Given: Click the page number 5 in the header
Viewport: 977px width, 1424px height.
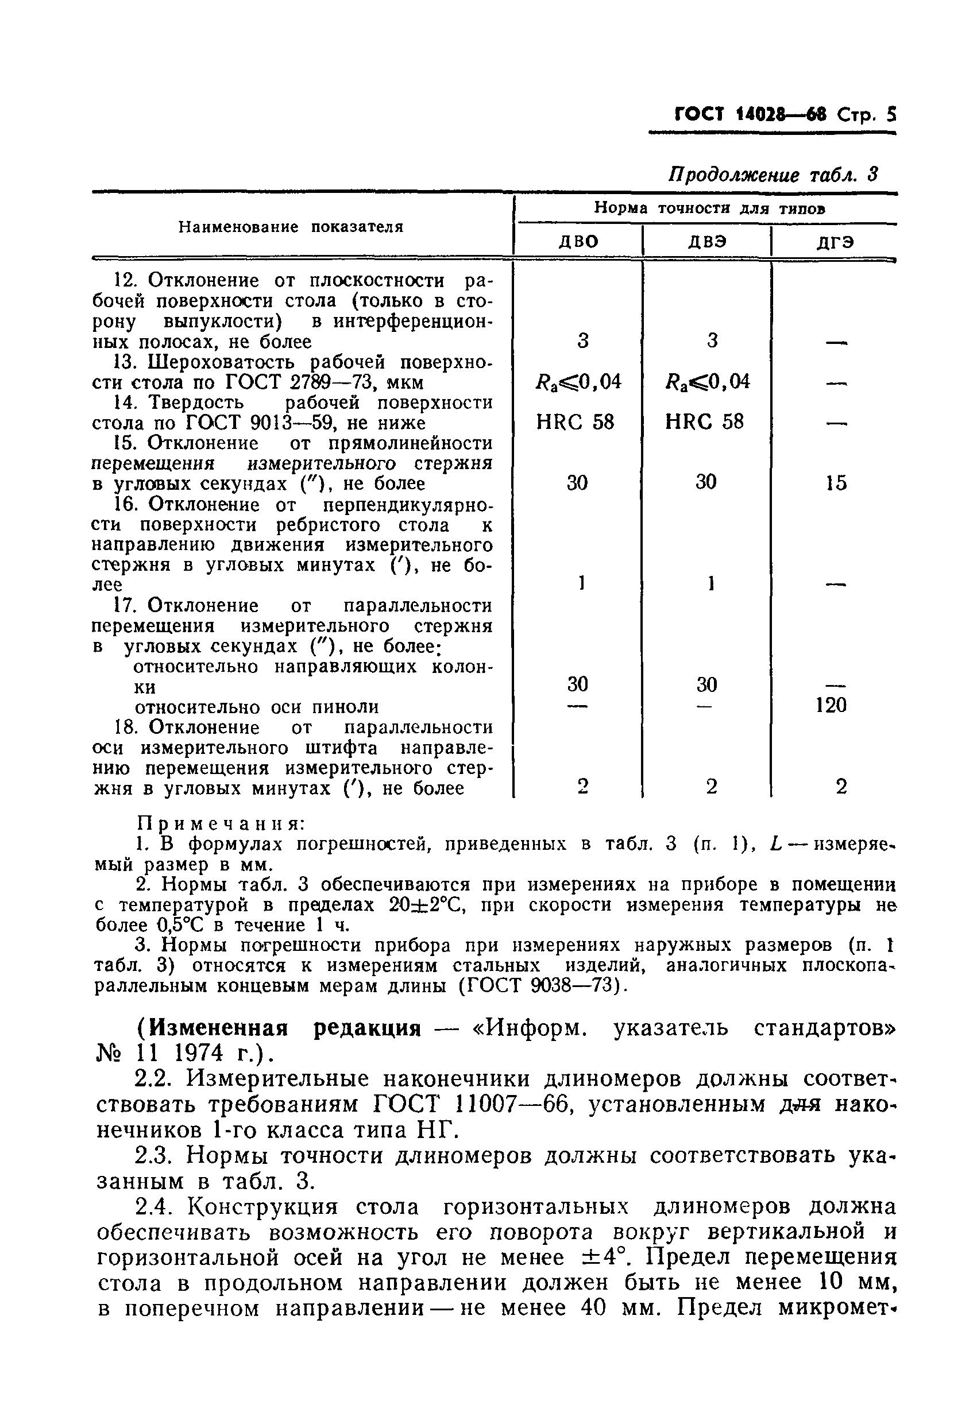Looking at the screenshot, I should [x=890, y=115].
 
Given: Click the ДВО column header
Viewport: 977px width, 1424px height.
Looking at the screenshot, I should [x=578, y=241].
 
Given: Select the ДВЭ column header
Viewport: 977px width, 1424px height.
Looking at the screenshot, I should [x=706, y=241].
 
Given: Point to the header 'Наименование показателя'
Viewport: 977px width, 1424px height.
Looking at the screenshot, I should [x=291, y=227].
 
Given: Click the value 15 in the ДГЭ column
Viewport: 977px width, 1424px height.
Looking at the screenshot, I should [x=835, y=483].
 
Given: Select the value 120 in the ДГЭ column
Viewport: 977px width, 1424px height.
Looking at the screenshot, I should [x=831, y=705].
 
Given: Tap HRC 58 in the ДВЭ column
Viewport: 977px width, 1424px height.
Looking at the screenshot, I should [x=704, y=421].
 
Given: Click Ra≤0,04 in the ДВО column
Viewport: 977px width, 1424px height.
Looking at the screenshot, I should [x=578, y=382].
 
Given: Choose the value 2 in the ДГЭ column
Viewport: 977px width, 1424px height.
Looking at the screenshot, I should [x=841, y=786].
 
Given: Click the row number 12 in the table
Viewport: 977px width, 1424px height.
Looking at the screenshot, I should [x=125, y=281].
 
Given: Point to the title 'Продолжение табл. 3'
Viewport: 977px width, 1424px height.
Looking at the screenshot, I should [x=773, y=175].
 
